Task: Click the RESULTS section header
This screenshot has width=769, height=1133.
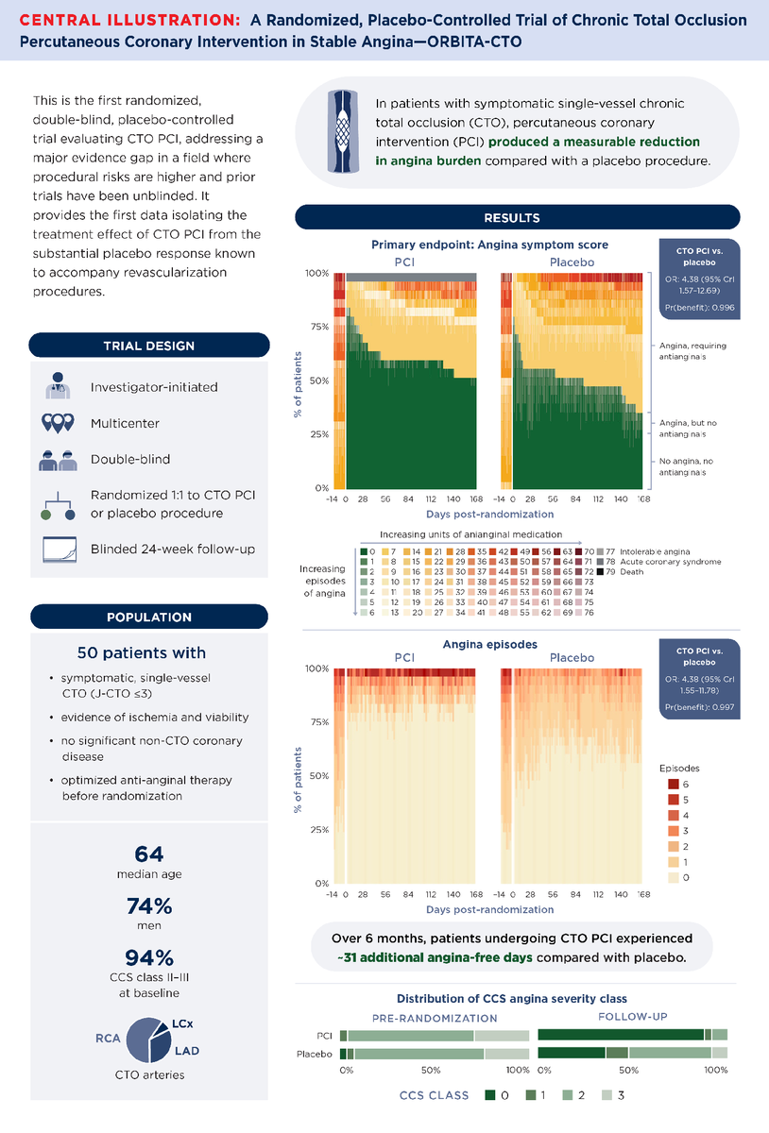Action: point(512,218)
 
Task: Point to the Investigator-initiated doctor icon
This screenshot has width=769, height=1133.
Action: point(58,386)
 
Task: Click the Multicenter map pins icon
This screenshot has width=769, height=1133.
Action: point(58,423)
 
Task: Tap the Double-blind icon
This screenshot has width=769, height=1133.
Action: point(58,461)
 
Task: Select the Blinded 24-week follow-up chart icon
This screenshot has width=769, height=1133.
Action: point(58,550)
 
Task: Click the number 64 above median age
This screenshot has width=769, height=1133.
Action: point(148,854)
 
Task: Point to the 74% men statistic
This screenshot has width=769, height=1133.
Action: point(148,906)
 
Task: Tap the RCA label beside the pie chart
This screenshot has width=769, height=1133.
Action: point(107,1037)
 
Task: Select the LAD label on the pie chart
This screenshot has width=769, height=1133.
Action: point(186,1050)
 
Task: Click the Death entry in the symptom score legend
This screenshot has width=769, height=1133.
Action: point(629,573)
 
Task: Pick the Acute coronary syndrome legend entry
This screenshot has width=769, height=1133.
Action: point(666,562)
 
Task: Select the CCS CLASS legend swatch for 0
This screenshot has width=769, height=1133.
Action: point(490,1095)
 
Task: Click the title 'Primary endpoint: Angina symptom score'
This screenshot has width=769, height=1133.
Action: point(489,245)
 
